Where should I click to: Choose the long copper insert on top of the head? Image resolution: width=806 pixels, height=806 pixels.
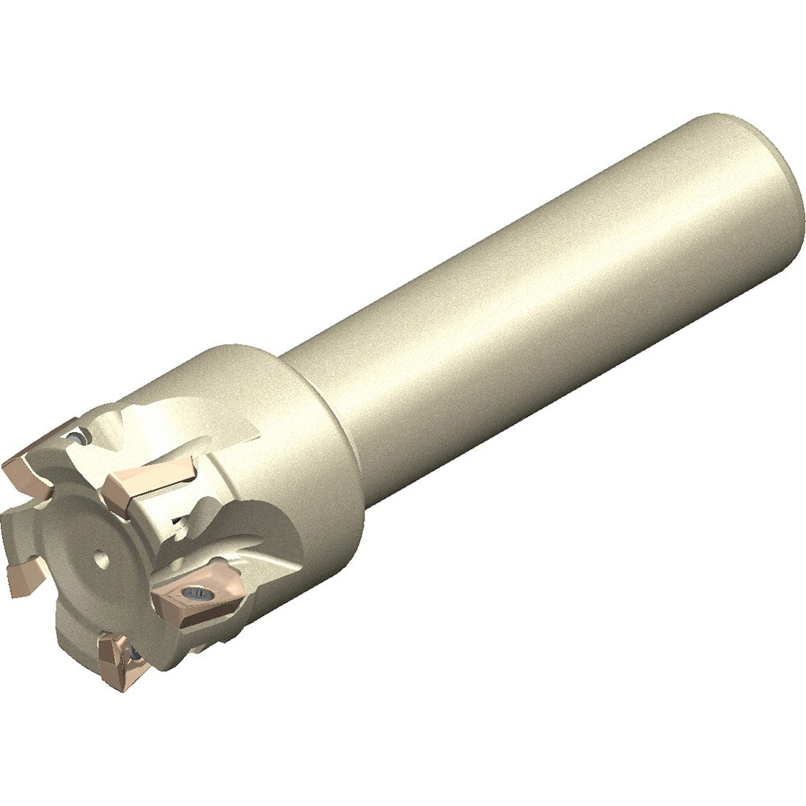(145, 482)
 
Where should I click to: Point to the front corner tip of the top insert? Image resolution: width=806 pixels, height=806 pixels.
(113, 492)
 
